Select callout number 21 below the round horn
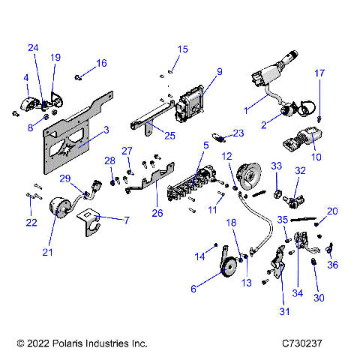point(48,252)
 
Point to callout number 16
point(100,63)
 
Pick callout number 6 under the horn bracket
point(194,289)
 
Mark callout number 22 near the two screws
point(31,222)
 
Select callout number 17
point(319,73)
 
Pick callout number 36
point(333,264)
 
